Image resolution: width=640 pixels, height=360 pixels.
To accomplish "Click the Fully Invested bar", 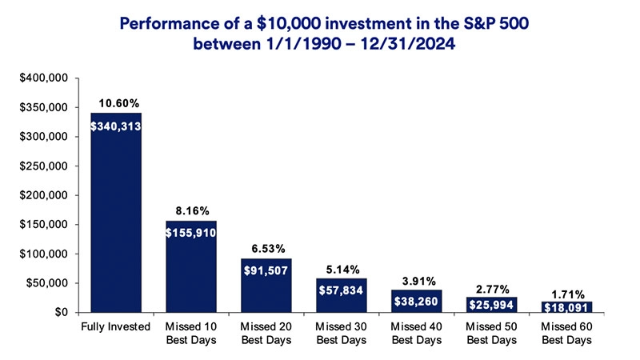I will pos(116,212).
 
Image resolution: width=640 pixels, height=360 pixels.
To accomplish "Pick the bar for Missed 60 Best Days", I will pos(566,307).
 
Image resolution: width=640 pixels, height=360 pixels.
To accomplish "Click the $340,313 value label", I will pos(116,126).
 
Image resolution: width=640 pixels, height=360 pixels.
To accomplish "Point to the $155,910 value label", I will pos(191,234).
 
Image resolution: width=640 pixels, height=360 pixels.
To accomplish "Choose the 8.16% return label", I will pos(191,211).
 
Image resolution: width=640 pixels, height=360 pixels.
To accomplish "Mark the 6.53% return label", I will pos(266,249).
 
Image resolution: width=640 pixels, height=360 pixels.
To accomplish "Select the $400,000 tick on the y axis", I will pos(49,78).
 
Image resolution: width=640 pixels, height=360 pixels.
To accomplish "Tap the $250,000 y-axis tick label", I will pos(49,166).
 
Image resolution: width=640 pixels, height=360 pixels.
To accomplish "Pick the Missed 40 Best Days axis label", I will pos(417,334).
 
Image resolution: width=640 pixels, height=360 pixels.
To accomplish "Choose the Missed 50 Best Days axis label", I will pos(491,334).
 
